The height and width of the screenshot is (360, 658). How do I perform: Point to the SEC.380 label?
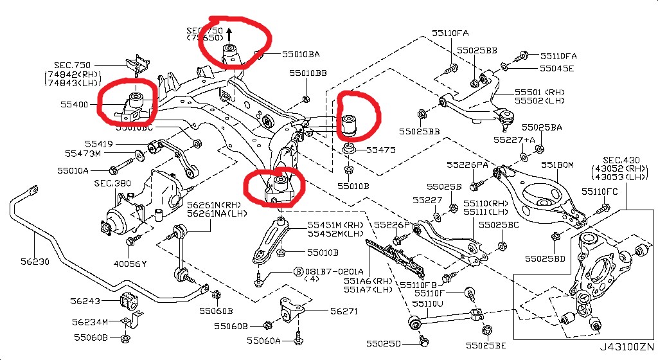(x=112, y=183)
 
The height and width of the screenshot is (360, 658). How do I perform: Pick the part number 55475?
(x=381, y=150)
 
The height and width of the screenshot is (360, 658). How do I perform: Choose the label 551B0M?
(x=556, y=165)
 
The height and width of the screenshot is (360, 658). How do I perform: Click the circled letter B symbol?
(x=298, y=272)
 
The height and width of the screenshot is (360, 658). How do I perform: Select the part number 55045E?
(x=556, y=67)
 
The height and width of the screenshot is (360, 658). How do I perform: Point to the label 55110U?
(x=429, y=303)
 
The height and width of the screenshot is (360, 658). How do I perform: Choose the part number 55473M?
(x=83, y=154)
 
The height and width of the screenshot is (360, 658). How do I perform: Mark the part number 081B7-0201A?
(x=334, y=271)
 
